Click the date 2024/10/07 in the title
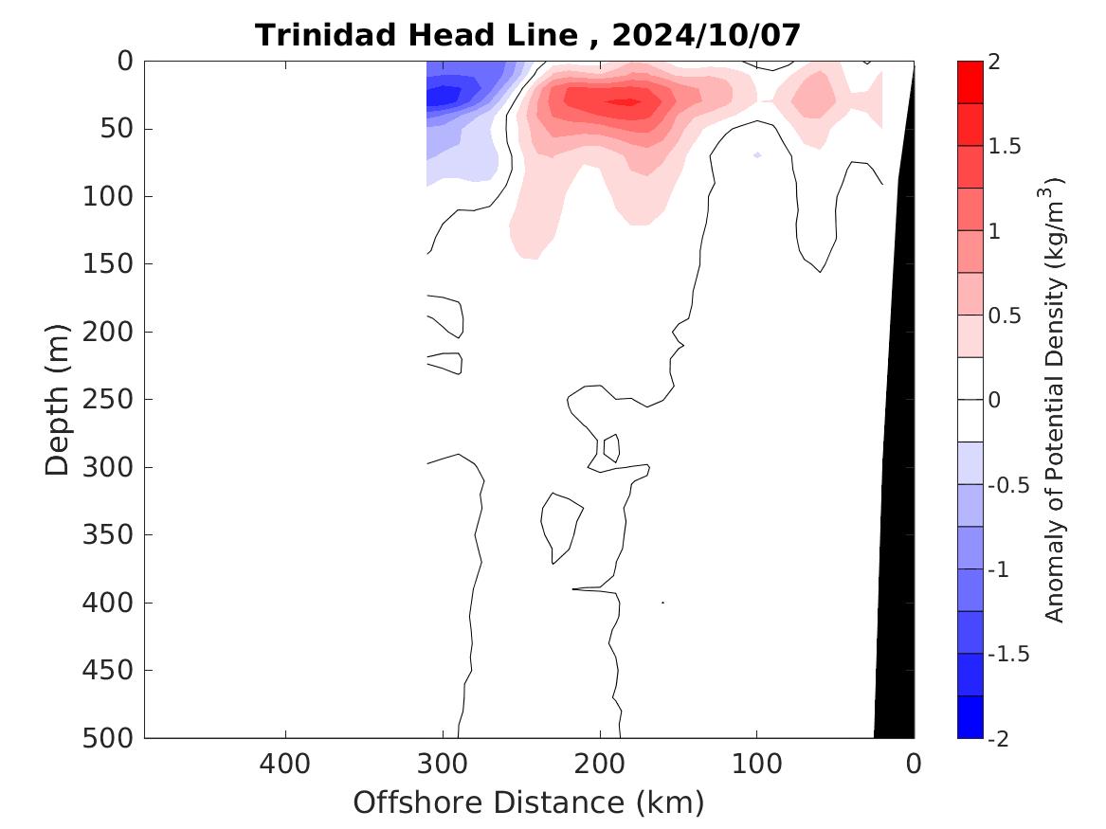click(706, 35)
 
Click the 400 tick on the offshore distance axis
click(285, 762)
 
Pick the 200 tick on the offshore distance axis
click(599, 762)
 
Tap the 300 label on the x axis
click(443, 762)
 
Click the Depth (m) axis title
click(59, 399)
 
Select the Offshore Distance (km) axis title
click(529, 802)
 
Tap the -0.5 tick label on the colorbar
click(1006, 485)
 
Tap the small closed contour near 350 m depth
click(559, 527)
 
